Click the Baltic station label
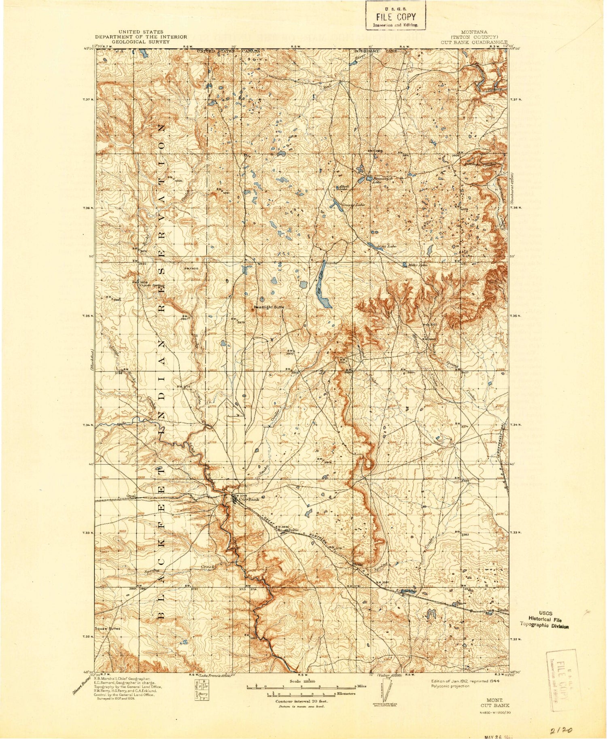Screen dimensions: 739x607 pos(293,530)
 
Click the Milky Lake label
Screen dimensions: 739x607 pos(418,265)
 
